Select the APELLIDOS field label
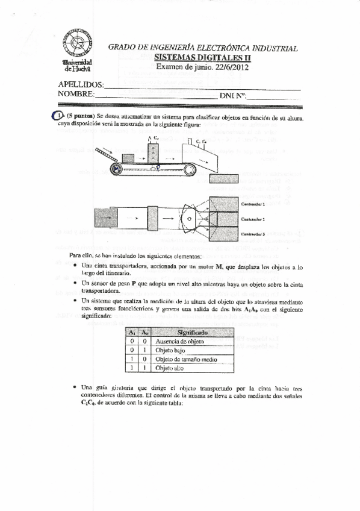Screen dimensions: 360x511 tap(80, 85)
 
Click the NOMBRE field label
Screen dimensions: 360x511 tap(76, 94)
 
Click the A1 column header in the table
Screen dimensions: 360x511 tap(132, 332)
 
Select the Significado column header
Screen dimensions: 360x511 tap(193, 332)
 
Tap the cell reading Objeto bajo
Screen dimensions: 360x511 tap(172, 351)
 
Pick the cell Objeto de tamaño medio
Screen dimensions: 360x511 tap(187, 359)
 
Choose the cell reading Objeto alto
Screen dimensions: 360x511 tap(170, 368)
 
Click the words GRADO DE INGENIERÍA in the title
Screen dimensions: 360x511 tap(152, 48)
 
